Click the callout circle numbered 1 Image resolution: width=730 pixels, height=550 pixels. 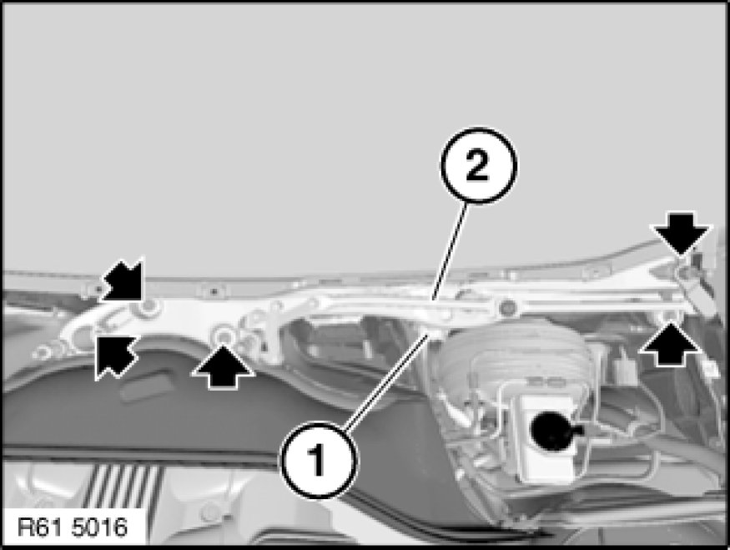click(x=319, y=460)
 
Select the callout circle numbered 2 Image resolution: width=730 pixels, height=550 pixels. click(x=479, y=165)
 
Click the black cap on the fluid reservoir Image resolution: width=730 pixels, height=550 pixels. click(x=553, y=431)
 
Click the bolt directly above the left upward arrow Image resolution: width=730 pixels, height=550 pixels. click(x=224, y=335)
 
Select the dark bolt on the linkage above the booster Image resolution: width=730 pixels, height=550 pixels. click(x=506, y=308)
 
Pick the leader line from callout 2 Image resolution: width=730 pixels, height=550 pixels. click(x=450, y=250)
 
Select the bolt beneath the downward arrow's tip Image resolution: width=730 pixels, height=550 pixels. click(x=684, y=270)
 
